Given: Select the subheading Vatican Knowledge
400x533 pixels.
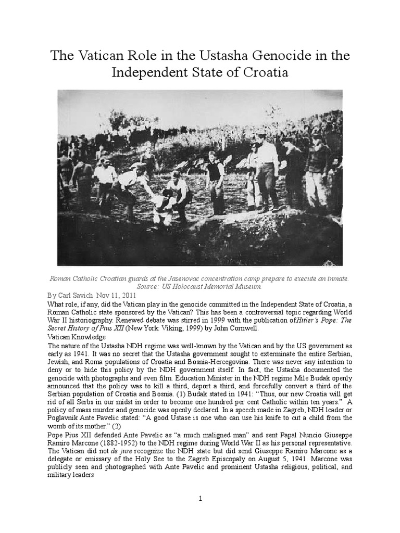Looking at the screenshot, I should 75,337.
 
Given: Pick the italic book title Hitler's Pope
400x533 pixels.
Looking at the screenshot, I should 296,320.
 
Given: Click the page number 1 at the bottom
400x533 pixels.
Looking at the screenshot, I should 200,499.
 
